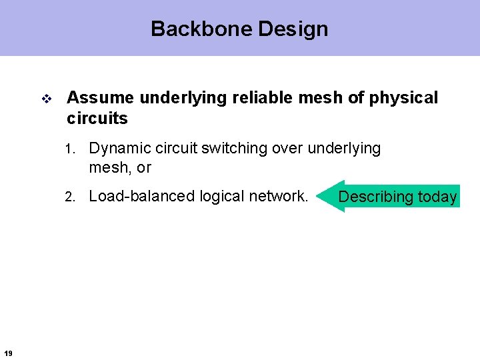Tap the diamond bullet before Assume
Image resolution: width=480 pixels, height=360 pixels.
[47, 99]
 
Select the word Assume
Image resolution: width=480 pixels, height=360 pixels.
[100, 98]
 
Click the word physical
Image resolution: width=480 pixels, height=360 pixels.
[403, 98]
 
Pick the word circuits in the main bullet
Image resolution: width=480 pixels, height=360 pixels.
[97, 119]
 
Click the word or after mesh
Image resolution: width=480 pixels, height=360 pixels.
[144, 168]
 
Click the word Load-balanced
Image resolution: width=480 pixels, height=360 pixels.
[137, 196]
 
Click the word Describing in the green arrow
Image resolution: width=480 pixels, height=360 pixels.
[376, 197]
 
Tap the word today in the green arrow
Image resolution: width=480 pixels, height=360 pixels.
[437, 197]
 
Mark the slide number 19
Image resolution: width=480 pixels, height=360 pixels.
[7, 353]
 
